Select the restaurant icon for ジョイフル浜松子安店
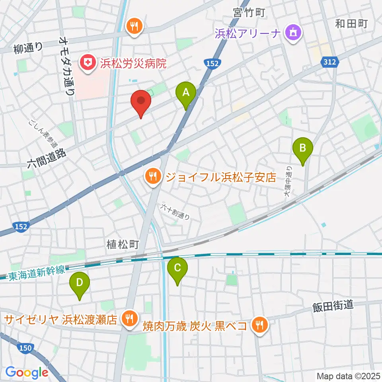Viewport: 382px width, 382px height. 153,175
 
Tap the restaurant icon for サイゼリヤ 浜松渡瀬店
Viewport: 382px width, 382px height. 129,319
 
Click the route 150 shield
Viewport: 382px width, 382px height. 25,348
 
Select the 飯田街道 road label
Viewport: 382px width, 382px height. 333,305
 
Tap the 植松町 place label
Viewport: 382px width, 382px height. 122,244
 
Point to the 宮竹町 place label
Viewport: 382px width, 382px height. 249,13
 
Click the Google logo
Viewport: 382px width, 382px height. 27,372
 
